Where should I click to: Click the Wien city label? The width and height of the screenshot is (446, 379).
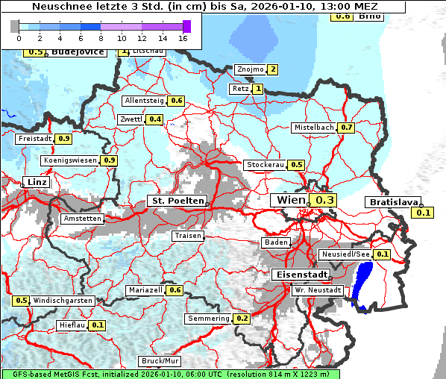coord(290,200)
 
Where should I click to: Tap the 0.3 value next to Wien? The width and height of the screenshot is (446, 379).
coord(325,200)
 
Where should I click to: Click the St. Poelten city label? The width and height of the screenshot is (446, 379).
coord(177,201)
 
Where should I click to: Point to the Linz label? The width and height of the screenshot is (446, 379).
coord(35,182)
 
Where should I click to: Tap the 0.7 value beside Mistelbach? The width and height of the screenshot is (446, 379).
coord(347,128)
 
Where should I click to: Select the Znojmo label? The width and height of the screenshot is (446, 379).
coord(249,69)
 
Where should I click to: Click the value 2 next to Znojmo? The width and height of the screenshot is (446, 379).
coord(273,69)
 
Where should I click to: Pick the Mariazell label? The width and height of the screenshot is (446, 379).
coord(145,289)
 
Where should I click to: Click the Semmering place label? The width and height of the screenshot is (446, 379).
coord(209,319)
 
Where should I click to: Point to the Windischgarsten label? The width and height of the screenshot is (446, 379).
coord(63,301)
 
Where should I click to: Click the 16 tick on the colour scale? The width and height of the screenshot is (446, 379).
coord(183,37)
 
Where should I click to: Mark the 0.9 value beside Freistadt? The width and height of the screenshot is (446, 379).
coord(64,138)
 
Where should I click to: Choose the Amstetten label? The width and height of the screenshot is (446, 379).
coord(83,219)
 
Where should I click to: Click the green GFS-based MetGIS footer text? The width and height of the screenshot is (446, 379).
coord(170,374)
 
